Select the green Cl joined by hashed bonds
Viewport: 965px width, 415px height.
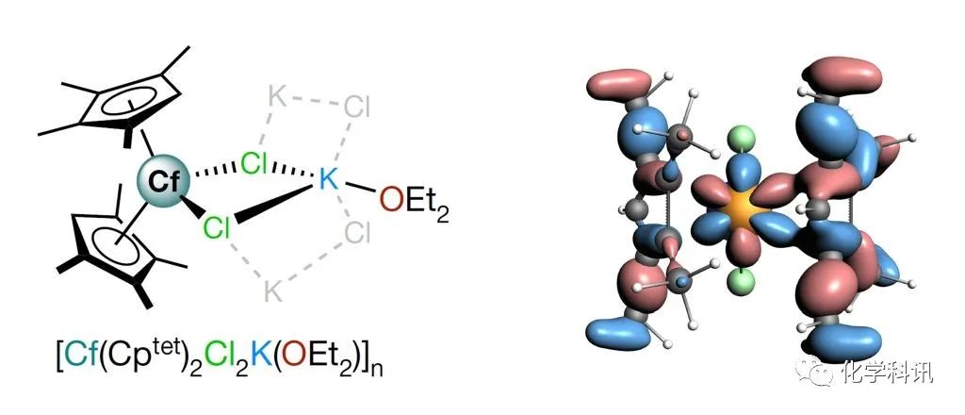pyautogui.click(x=254, y=164)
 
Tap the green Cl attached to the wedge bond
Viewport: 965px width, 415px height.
pyautogui.click(x=217, y=229)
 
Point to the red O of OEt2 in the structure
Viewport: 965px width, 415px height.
pyautogui.click(x=390, y=200)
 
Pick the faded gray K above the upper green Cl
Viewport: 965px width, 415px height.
pyautogui.click(x=278, y=96)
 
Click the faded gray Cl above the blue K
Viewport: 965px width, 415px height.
pyautogui.click(x=356, y=108)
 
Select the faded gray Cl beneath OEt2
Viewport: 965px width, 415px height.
pyautogui.click(x=357, y=233)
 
